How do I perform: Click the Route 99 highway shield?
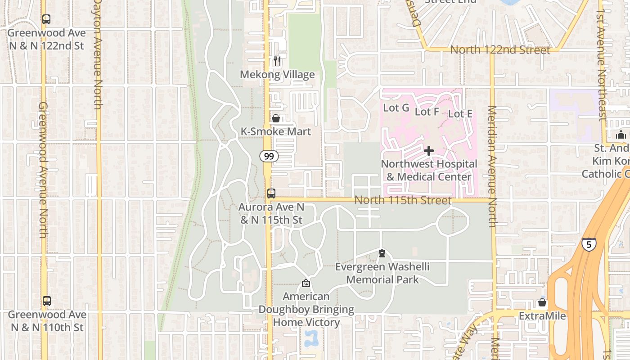(269, 156)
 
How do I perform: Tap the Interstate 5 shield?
(589, 244)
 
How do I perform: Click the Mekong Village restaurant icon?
(277, 61)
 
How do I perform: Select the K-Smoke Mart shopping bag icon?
(276, 118)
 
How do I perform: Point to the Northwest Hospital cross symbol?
(429, 151)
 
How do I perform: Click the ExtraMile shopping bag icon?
(542, 302)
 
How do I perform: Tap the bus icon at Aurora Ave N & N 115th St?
(271, 193)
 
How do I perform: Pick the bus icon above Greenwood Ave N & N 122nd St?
(46, 19)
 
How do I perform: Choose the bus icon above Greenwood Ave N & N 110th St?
(46, 301)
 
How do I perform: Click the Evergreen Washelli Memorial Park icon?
(382, 253)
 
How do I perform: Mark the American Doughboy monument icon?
(306, 283)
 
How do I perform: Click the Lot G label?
(396, 108)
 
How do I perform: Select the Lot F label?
(427, 112)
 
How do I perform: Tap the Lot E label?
(460, 114)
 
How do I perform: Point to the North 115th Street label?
(403, 200)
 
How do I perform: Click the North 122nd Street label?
(500, 50)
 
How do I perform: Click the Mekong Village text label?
(277, 75)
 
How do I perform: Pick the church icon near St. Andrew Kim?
(621, 135)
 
